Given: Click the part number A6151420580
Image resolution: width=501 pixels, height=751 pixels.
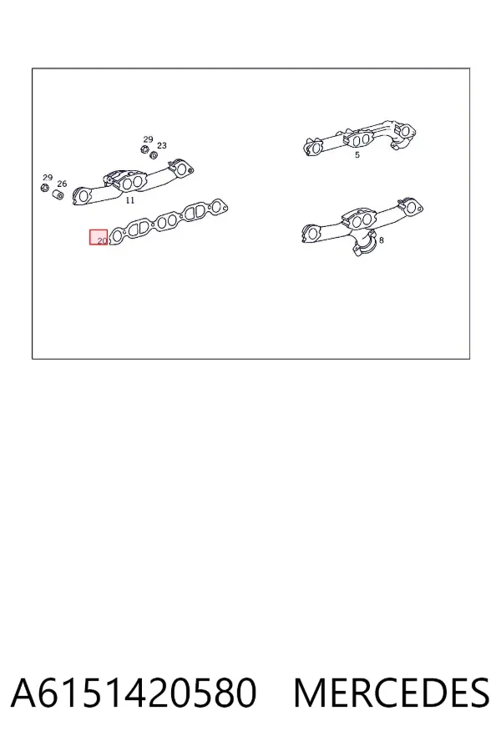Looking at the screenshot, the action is pyautogui.click(x=134, y=693).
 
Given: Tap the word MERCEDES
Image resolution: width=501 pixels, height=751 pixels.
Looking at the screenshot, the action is pyautogui.click(x=392, y=693).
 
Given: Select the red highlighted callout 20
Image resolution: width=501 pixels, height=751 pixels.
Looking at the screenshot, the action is pyautogui.click(x=99, y=237).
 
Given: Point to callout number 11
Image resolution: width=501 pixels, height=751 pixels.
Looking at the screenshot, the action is pyautogui.click(x=130, y=200).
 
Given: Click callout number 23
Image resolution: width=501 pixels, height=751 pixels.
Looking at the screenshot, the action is pyautogui.click(x=161, y=145).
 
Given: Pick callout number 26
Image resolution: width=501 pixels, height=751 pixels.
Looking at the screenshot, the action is pyautogui.click(x=62, y=184).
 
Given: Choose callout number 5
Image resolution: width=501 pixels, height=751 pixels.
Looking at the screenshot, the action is pyautogui.click(x=357, y=155).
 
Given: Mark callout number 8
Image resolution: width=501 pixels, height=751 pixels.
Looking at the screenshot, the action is pyautogui.click(x=381, y=240).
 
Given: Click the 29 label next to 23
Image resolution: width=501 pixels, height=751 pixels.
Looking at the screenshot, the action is pyautogui.click(x=148, y=139).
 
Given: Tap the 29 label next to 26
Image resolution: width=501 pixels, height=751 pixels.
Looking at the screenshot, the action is pyautogui.click(x=47, y=178).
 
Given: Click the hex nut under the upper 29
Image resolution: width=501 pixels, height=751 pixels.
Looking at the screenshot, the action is pyautogui.click(x=144, y=149).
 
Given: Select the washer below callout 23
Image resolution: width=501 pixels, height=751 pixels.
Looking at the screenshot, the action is pyautogui.click(x=154, y=155).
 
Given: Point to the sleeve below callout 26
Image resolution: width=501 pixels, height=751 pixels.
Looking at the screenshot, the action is pyautogui.click(x=58, y=195).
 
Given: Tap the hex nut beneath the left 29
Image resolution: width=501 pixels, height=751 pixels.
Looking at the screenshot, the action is pyautogui.click(x=44, y=187).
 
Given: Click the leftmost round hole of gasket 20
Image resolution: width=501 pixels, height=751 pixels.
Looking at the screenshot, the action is pyautogui.click(x=117, y=234).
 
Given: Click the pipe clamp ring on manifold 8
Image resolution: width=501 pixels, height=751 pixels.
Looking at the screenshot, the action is pyautogui.click(x=364, y=248).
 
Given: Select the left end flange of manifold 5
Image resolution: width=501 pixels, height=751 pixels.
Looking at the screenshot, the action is pyautogui.click(x=314, y=147).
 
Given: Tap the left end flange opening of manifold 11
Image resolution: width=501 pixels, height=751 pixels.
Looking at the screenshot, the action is pyautogui.click(x=83, y=195).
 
